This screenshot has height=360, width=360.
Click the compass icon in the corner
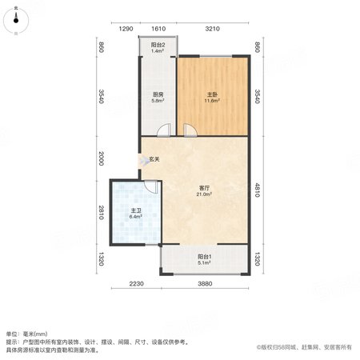click(16, 21)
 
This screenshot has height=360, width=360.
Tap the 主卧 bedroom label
click(212, 94)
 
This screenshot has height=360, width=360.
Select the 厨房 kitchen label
click(158, 94)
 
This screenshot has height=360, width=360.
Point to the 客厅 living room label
click(204, 188)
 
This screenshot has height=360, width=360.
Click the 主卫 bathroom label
click(135, 210)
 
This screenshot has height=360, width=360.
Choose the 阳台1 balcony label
click(204, 257)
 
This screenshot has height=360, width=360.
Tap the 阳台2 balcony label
click(158, 45)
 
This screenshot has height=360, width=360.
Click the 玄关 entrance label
click(154, 159)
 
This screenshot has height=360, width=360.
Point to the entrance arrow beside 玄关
click(143, 161)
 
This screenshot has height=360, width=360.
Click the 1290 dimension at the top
click(126, 29)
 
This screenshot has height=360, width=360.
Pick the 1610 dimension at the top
click(158, 29)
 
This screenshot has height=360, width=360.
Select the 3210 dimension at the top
click(212, 29)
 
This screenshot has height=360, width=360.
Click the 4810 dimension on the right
click(257, 190)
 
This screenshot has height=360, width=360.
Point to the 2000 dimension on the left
click(101, 158)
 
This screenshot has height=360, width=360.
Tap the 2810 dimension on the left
click(101, 213)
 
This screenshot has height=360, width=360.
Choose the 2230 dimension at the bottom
click(136, 284)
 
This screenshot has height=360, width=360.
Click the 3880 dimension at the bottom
click(205, 284)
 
